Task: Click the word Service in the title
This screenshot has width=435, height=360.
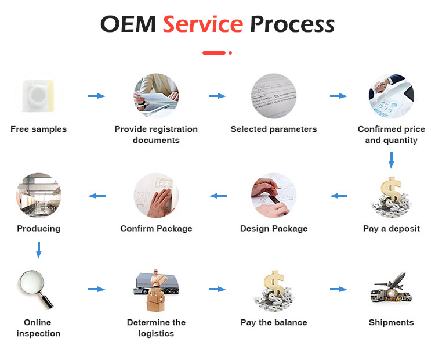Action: point(202,24)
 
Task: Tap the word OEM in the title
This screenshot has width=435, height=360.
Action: point(128,24)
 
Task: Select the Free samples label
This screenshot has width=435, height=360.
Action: point(38,129)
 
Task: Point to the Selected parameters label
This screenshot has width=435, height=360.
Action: point(274,129)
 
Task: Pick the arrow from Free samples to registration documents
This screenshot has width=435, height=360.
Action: point(96,96)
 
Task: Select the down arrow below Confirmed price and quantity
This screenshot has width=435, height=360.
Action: point(391,160)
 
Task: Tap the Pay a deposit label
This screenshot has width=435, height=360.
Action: point(391,228)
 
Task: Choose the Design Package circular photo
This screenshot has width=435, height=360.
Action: point(274,195)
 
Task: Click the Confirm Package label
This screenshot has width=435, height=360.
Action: point(156,228)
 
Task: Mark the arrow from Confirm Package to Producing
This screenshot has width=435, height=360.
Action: point(96,196)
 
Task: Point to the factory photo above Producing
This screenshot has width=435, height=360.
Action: point(38,195)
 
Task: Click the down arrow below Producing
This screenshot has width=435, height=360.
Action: point(39,250)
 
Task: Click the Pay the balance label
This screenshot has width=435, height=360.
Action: point(274,322)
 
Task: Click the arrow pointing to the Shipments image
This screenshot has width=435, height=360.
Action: point(338,289)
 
